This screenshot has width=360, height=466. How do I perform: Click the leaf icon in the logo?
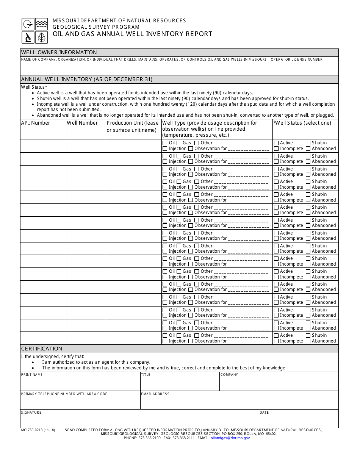tap(41, 38)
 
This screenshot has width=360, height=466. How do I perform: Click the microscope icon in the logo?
tap(28, 38)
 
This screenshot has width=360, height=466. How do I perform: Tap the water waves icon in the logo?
tap(41, 24)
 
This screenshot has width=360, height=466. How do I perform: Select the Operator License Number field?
tap(304, 67)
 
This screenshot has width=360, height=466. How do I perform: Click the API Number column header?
tap(36, 123)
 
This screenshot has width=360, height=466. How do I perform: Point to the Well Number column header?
tap(82, 123)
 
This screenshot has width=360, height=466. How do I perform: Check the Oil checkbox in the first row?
tap(165, 143)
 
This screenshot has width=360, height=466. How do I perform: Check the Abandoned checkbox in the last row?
tap(308, 341)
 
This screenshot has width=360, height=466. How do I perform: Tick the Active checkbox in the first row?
tap(276, 143)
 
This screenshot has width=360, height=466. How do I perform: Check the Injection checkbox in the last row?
tap(165, 341)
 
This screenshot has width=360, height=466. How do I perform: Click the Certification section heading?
tap(42, 349)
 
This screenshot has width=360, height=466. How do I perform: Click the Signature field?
tap(139, 421)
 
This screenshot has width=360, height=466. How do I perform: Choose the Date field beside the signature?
tap(298, 421)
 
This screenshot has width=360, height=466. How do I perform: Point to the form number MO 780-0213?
tap(38, 430)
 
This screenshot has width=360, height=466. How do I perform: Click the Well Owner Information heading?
tap(59, 53)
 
